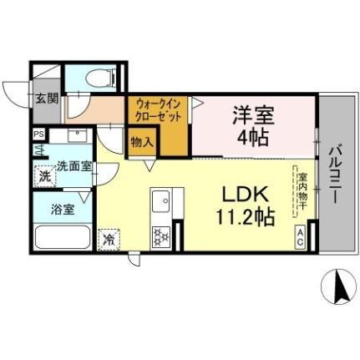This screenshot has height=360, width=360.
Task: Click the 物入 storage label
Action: pyautogui.click(x=140, y=142)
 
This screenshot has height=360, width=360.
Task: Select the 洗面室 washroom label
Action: pyautogui.click(x=74, y=167)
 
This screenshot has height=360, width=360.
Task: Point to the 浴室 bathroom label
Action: pyautogui.click(x=63, y=209)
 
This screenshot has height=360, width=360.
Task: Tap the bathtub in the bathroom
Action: pyautogui.click(x=63, y=239)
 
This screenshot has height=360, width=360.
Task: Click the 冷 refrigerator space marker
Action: pyautogui.click(x=109, y=239)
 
